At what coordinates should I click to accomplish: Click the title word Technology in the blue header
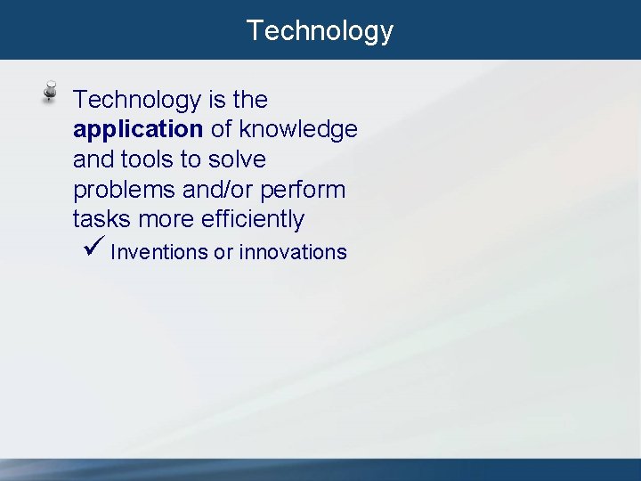(x=320, y=30)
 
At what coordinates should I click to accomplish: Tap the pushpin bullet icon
(x=52, y=93)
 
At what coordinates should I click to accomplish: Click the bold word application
(x=138, y=130)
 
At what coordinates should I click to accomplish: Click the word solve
(x=237, y=159)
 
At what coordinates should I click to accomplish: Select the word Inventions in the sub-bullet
(x=158, y=252)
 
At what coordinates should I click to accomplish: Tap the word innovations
(x=293, y=252)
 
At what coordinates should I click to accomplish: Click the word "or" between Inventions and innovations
(x=223, y=252)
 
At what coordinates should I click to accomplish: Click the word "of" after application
(x=222, y=130)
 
